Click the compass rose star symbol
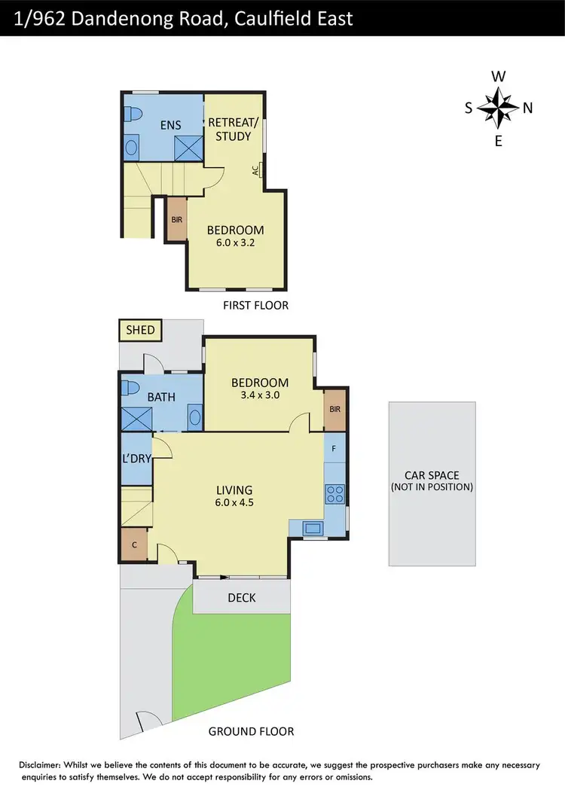click(498, 108)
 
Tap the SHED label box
click(140, 330)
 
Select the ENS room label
click(170, 125)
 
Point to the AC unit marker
click(258, 171)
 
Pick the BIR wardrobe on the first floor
click(177, 219)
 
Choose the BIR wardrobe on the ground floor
click(335, 411)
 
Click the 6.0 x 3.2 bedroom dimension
click(235, 243)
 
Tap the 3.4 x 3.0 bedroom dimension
click(259, 395)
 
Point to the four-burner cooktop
click(334, 495)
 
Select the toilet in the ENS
click(134, 114)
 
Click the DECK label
click(241, 598)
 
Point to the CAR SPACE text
click(431, 475)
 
